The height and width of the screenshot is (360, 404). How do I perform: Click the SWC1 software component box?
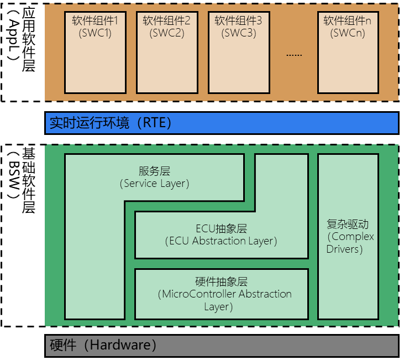[95, 53]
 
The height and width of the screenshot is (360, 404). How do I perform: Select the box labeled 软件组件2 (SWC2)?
[166, 53]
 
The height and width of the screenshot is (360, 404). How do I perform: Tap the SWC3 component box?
[238, 53]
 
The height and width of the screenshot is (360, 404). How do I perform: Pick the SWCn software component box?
[348, 53]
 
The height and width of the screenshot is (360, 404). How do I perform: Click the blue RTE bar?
[221, 123]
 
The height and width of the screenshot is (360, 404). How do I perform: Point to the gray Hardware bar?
[221, 346]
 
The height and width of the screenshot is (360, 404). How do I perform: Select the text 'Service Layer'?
[155, 184]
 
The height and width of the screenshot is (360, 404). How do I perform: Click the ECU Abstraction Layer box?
[221, 236]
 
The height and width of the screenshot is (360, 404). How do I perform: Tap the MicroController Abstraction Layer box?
[221, 294]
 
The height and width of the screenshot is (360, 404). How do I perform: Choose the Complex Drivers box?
[348, 237]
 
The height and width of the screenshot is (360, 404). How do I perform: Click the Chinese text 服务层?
[154, 171]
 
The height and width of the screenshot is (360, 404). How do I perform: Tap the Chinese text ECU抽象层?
[221, 228]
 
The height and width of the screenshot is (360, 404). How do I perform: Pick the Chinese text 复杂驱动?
[348, 225]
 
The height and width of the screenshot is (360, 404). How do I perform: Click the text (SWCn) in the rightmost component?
[348, 33]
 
